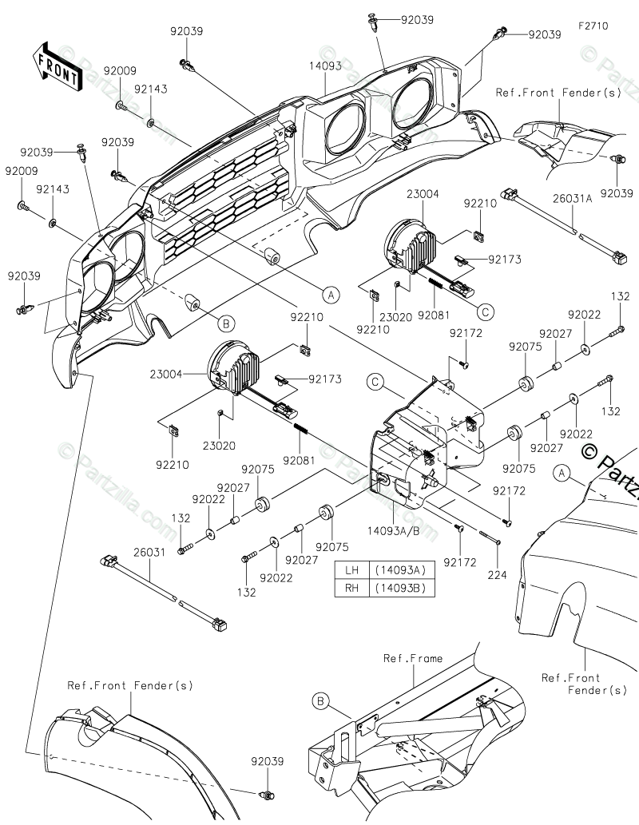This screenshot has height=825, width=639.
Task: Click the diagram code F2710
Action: click(x=593, y=26)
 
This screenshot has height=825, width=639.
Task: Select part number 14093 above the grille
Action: click(x=325, y=65)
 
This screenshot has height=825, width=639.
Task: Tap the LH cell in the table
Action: click(x=351, y=569)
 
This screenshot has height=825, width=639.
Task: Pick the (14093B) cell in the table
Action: click(x=402, y=588)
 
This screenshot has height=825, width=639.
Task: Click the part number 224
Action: click(x=497, y=574)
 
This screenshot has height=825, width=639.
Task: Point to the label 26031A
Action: click(x=572, y=198)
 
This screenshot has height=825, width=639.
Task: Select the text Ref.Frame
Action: click(x=413, y=658)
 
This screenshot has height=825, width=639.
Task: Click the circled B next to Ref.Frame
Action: click(x=320, y=701)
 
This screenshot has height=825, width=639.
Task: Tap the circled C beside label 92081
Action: click(x=486, y=312)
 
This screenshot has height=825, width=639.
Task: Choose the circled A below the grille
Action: click(x=331, y=295)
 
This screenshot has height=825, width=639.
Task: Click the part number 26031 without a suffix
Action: click(x=149, y=552)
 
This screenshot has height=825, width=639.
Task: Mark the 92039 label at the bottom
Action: click(x=267, y=761)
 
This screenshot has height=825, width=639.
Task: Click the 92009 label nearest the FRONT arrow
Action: click(x=120, y=70)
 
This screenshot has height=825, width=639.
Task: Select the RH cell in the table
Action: click(x=351, y=588)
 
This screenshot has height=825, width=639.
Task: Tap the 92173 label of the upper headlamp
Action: click(x=504, y=259)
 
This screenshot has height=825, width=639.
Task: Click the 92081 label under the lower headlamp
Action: click(x=299, y=460)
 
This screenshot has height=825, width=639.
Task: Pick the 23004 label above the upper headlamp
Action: click(x=423, y=193)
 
